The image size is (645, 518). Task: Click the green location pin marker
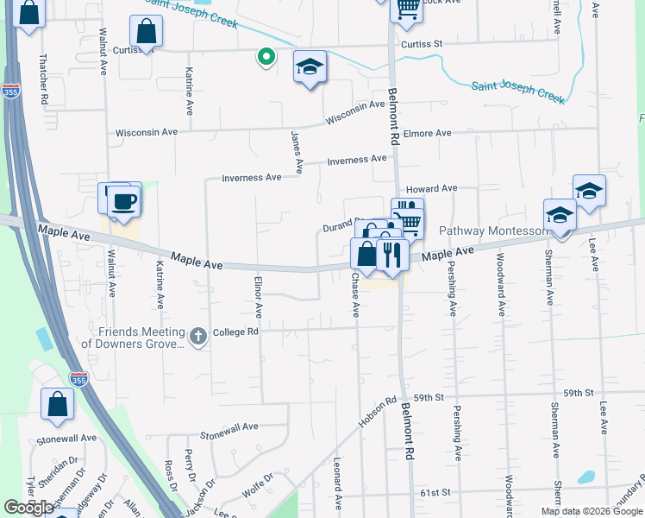(x=266, y=57)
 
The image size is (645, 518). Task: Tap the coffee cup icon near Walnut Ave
(x=122, y=201)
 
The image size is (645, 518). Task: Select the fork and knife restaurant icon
(x=391, y=254)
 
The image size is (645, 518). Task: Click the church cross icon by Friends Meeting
(x=199, y=336)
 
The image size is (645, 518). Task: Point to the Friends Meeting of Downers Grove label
(x=133, y=338)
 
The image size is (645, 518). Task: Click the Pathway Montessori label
(x=493, y=231)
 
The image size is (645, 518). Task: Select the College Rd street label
(x=236, y=331)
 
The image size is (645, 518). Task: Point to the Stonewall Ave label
(x=229, y=426)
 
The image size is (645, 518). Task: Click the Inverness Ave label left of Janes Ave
(x=252, y=178)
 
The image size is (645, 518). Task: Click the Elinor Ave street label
(x=258, y=294)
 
